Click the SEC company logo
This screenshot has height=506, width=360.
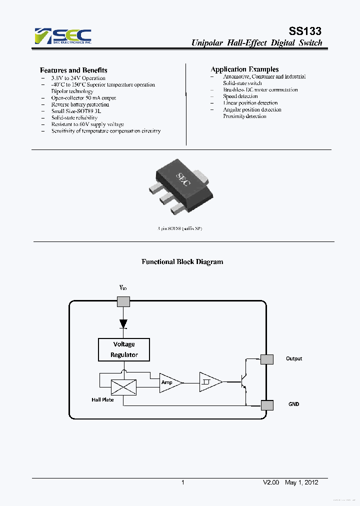(63, 35)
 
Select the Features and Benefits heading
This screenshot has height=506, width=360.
(73, 70)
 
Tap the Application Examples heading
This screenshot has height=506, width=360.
(244, 69)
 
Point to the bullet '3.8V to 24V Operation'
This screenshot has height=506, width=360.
(78, 78)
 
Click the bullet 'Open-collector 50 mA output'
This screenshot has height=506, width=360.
(83, 98)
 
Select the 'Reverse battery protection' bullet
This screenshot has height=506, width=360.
(80, 104)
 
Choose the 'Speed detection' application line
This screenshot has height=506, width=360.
(240, 96)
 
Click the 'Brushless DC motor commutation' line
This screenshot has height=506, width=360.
(260, 90)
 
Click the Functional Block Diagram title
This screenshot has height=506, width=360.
(182, 261)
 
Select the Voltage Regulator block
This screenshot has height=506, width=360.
(124, 349)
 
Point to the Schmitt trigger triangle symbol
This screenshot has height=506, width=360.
(209, 382)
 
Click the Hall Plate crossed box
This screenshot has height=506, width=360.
(123, 387)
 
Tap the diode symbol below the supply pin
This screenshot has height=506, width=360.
(123, 323)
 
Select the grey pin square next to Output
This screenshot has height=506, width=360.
(267, 359)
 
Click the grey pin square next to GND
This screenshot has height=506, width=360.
(267, 405)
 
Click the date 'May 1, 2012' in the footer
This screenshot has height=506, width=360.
(301, 482)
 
